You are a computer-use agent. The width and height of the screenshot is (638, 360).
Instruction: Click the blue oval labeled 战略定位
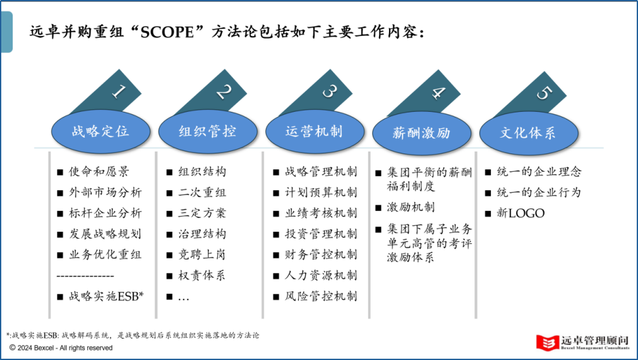click(100, 131)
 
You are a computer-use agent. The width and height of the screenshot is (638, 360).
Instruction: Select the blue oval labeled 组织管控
click(208, 131)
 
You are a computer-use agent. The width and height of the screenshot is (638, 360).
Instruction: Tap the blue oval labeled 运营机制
click(315, 131)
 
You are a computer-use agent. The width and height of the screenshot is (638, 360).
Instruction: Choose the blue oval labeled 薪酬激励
click(421, 133)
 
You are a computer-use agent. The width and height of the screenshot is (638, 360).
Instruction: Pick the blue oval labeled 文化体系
click(529, 133)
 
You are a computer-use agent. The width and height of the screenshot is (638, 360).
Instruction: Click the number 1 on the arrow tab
click(118, 92)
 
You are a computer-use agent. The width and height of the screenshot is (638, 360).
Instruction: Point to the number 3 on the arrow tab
click(330, 92)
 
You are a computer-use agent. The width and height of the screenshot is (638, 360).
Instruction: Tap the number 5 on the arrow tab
click(544, 93)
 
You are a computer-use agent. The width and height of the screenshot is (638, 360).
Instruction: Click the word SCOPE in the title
click(167, 32)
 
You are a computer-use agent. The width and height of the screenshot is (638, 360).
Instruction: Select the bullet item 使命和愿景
click(99, 171)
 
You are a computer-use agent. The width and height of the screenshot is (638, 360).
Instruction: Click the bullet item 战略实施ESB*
click(106, 296)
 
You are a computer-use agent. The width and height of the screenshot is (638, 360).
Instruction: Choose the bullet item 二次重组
click(202, 192)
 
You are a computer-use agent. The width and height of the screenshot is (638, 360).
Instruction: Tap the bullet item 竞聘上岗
click(202, 255)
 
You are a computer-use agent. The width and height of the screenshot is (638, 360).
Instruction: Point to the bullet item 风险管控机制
click(321, 296)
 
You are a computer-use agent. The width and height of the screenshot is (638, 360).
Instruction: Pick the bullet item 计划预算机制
click(321, 192)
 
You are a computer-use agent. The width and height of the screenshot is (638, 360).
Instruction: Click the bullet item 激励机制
click(411, 207)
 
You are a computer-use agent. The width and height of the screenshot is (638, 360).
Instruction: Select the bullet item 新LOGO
click(521, 213)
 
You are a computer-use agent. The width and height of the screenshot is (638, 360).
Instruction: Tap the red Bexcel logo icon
click(547, 342)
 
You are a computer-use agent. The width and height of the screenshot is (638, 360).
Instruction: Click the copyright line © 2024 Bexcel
click(61, 348)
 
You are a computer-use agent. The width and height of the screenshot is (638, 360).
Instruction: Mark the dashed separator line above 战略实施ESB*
click(85, 276)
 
